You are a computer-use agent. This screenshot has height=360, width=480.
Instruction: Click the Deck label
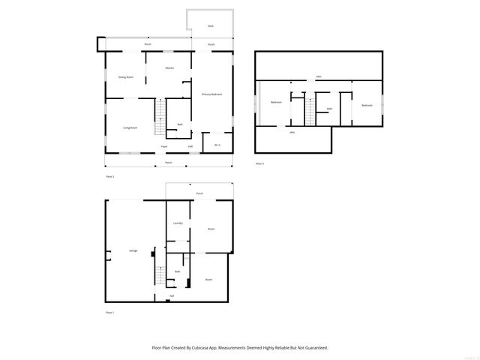click(x=211, y=26)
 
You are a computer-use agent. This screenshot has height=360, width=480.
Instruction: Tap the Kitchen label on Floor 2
click(x=169, y=68)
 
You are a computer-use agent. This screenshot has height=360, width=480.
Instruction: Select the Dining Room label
click(x=125, y=77)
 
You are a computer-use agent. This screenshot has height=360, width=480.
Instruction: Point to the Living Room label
click(x=130, y=127)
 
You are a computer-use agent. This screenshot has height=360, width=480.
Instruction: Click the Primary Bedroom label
click(x=211, y=94)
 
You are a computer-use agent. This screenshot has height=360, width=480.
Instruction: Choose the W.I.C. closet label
click(x=217, y=145)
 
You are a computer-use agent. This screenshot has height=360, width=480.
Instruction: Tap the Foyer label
click(x=165, y=145)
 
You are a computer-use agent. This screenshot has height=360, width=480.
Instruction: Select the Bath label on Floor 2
click(x=180, y=124)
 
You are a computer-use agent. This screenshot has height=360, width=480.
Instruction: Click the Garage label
click(x=133, y=250)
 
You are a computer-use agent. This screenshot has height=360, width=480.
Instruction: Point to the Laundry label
click(x=178, y=223)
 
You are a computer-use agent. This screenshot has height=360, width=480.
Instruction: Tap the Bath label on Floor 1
click(x=178, y=271)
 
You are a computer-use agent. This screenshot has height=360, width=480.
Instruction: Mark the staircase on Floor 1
click(x=160, y=275)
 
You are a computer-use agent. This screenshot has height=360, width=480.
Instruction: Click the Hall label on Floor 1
click(x=171, y=295)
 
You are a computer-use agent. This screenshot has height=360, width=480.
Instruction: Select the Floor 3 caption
click(x=259, y=163)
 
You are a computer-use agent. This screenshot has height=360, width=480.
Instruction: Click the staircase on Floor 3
click(x=310, y=113)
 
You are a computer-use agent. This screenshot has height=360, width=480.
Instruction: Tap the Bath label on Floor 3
click(x=329, y=109)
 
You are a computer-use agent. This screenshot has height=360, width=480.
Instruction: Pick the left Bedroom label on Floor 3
click(x=276, y=103)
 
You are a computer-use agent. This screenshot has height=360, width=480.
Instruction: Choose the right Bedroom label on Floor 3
click(x=366, y=105)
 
